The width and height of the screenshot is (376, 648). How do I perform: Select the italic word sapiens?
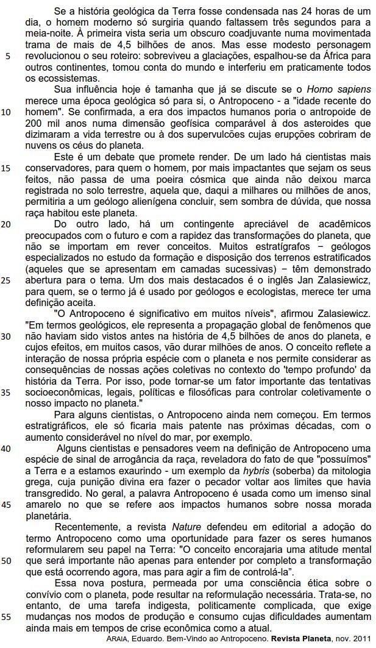[x=353, y=90]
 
